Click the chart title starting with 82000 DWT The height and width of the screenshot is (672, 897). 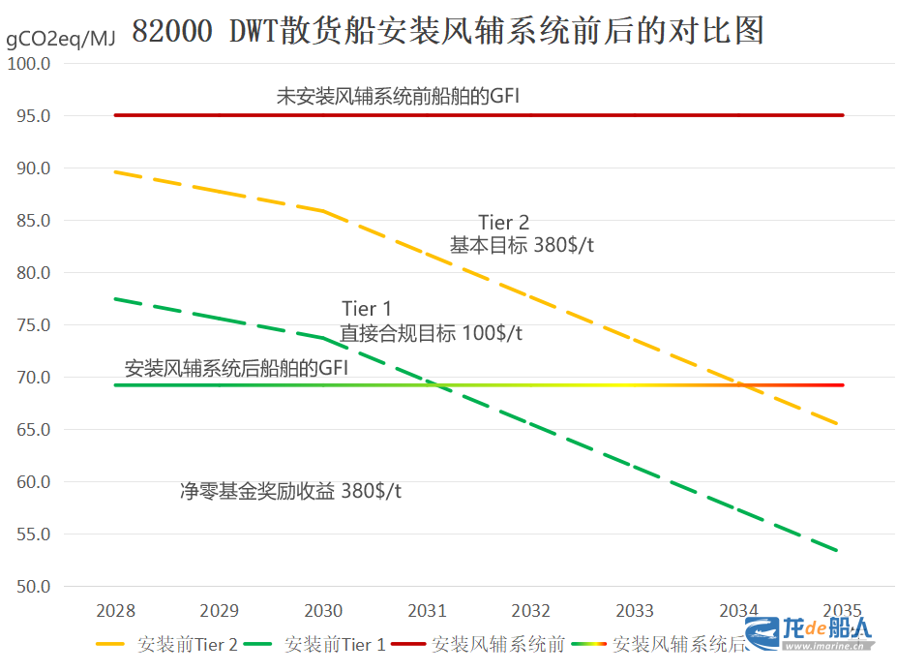click(x=447, y=31)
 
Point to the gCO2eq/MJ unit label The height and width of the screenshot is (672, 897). click(x=60, y=39)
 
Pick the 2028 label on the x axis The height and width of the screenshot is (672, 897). click(x=115, y=611)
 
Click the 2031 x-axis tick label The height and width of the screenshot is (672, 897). click(x=427, y=611)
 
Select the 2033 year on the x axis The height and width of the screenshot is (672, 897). click(x=635, y=611)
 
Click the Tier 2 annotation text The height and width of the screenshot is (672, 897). click(x=504, y=224)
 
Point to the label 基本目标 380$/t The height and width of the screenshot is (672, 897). click(x=522, y=246)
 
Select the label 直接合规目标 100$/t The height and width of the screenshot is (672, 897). click(x=432, y=333)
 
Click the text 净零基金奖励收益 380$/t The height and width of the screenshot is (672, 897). click(x=290, y=491)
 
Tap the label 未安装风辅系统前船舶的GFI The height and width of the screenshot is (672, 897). click(x=399, y=96)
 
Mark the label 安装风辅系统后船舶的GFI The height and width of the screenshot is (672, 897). click(x=236, y=368)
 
